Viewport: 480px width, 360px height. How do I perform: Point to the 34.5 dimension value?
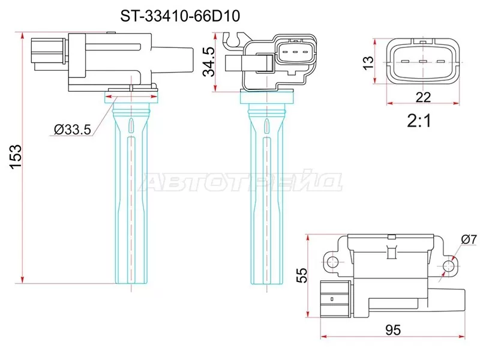pyautogui.click(x=208, y=62)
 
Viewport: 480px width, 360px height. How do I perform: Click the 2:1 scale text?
pyautogui.click(x=420, y=122)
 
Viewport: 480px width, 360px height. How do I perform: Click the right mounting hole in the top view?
pyautogui.click(x=448, y=265)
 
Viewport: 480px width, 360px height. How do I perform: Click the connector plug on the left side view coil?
pyautogui.click(x=46, y=53)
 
